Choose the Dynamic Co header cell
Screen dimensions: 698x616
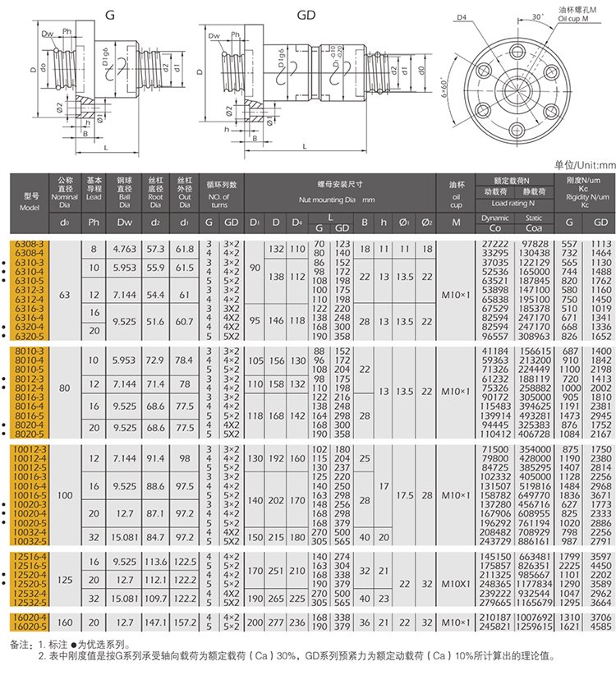click(x=494, y=218)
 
